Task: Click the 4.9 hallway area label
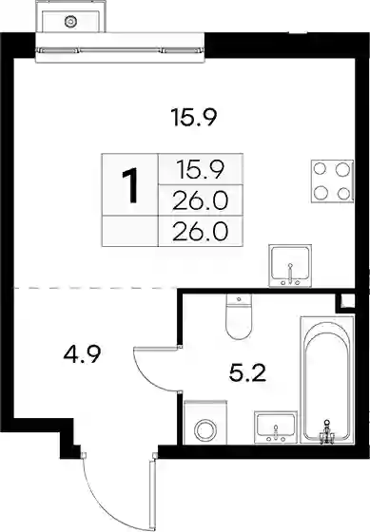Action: coord(83,354)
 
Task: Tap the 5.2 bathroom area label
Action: coord(247,373)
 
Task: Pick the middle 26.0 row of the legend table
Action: coord(200,200)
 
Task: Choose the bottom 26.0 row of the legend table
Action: coord(200,232)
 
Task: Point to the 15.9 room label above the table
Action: coord(195,117)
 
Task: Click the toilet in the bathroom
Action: coord(239,316)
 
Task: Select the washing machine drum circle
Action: coord(204,430)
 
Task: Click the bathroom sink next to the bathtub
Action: coord(276,427)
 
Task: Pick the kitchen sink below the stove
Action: coord(290,266)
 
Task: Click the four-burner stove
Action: coord(332,181)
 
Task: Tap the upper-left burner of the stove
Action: coord(320,169)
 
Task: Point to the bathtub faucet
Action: coord(326,432)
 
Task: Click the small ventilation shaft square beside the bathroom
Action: coord(347,302)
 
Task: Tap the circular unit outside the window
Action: coord(70,22)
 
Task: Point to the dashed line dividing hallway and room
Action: coord(94,288)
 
